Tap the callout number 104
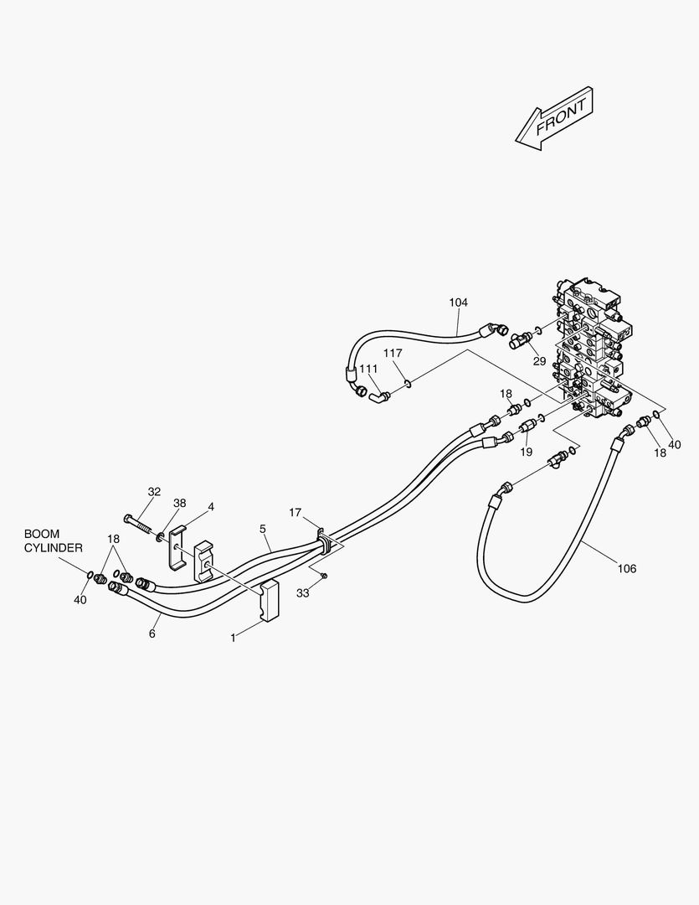click(458, 303)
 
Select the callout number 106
click(626, 569)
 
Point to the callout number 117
click(393, 354)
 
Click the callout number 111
click(368, 369)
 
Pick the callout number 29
click(539, 361)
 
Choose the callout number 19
click(526, 452)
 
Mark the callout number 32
click(154, 492)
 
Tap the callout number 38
click(180, 504)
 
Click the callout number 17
click(296, 512)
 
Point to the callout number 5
click(263, 529)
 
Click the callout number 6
click(152, 633)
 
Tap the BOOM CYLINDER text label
click(53, 540)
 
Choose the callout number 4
click(211, 507)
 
